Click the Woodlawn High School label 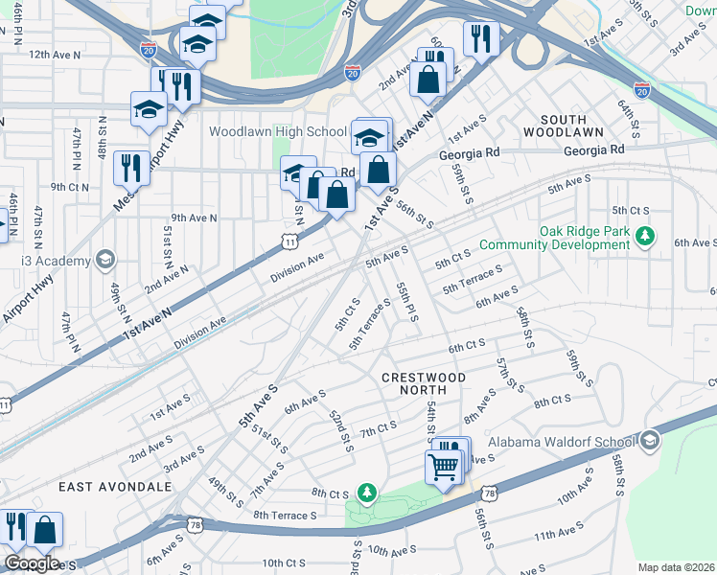(x=277, y=131)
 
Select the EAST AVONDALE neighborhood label (x=114, y=487)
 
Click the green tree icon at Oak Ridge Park (x=646, y=235)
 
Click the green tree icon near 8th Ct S (x=364, y=493)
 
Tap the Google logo (x=31, y=563)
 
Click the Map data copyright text (x=676, y=567)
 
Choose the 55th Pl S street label (x=406, y=302)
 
